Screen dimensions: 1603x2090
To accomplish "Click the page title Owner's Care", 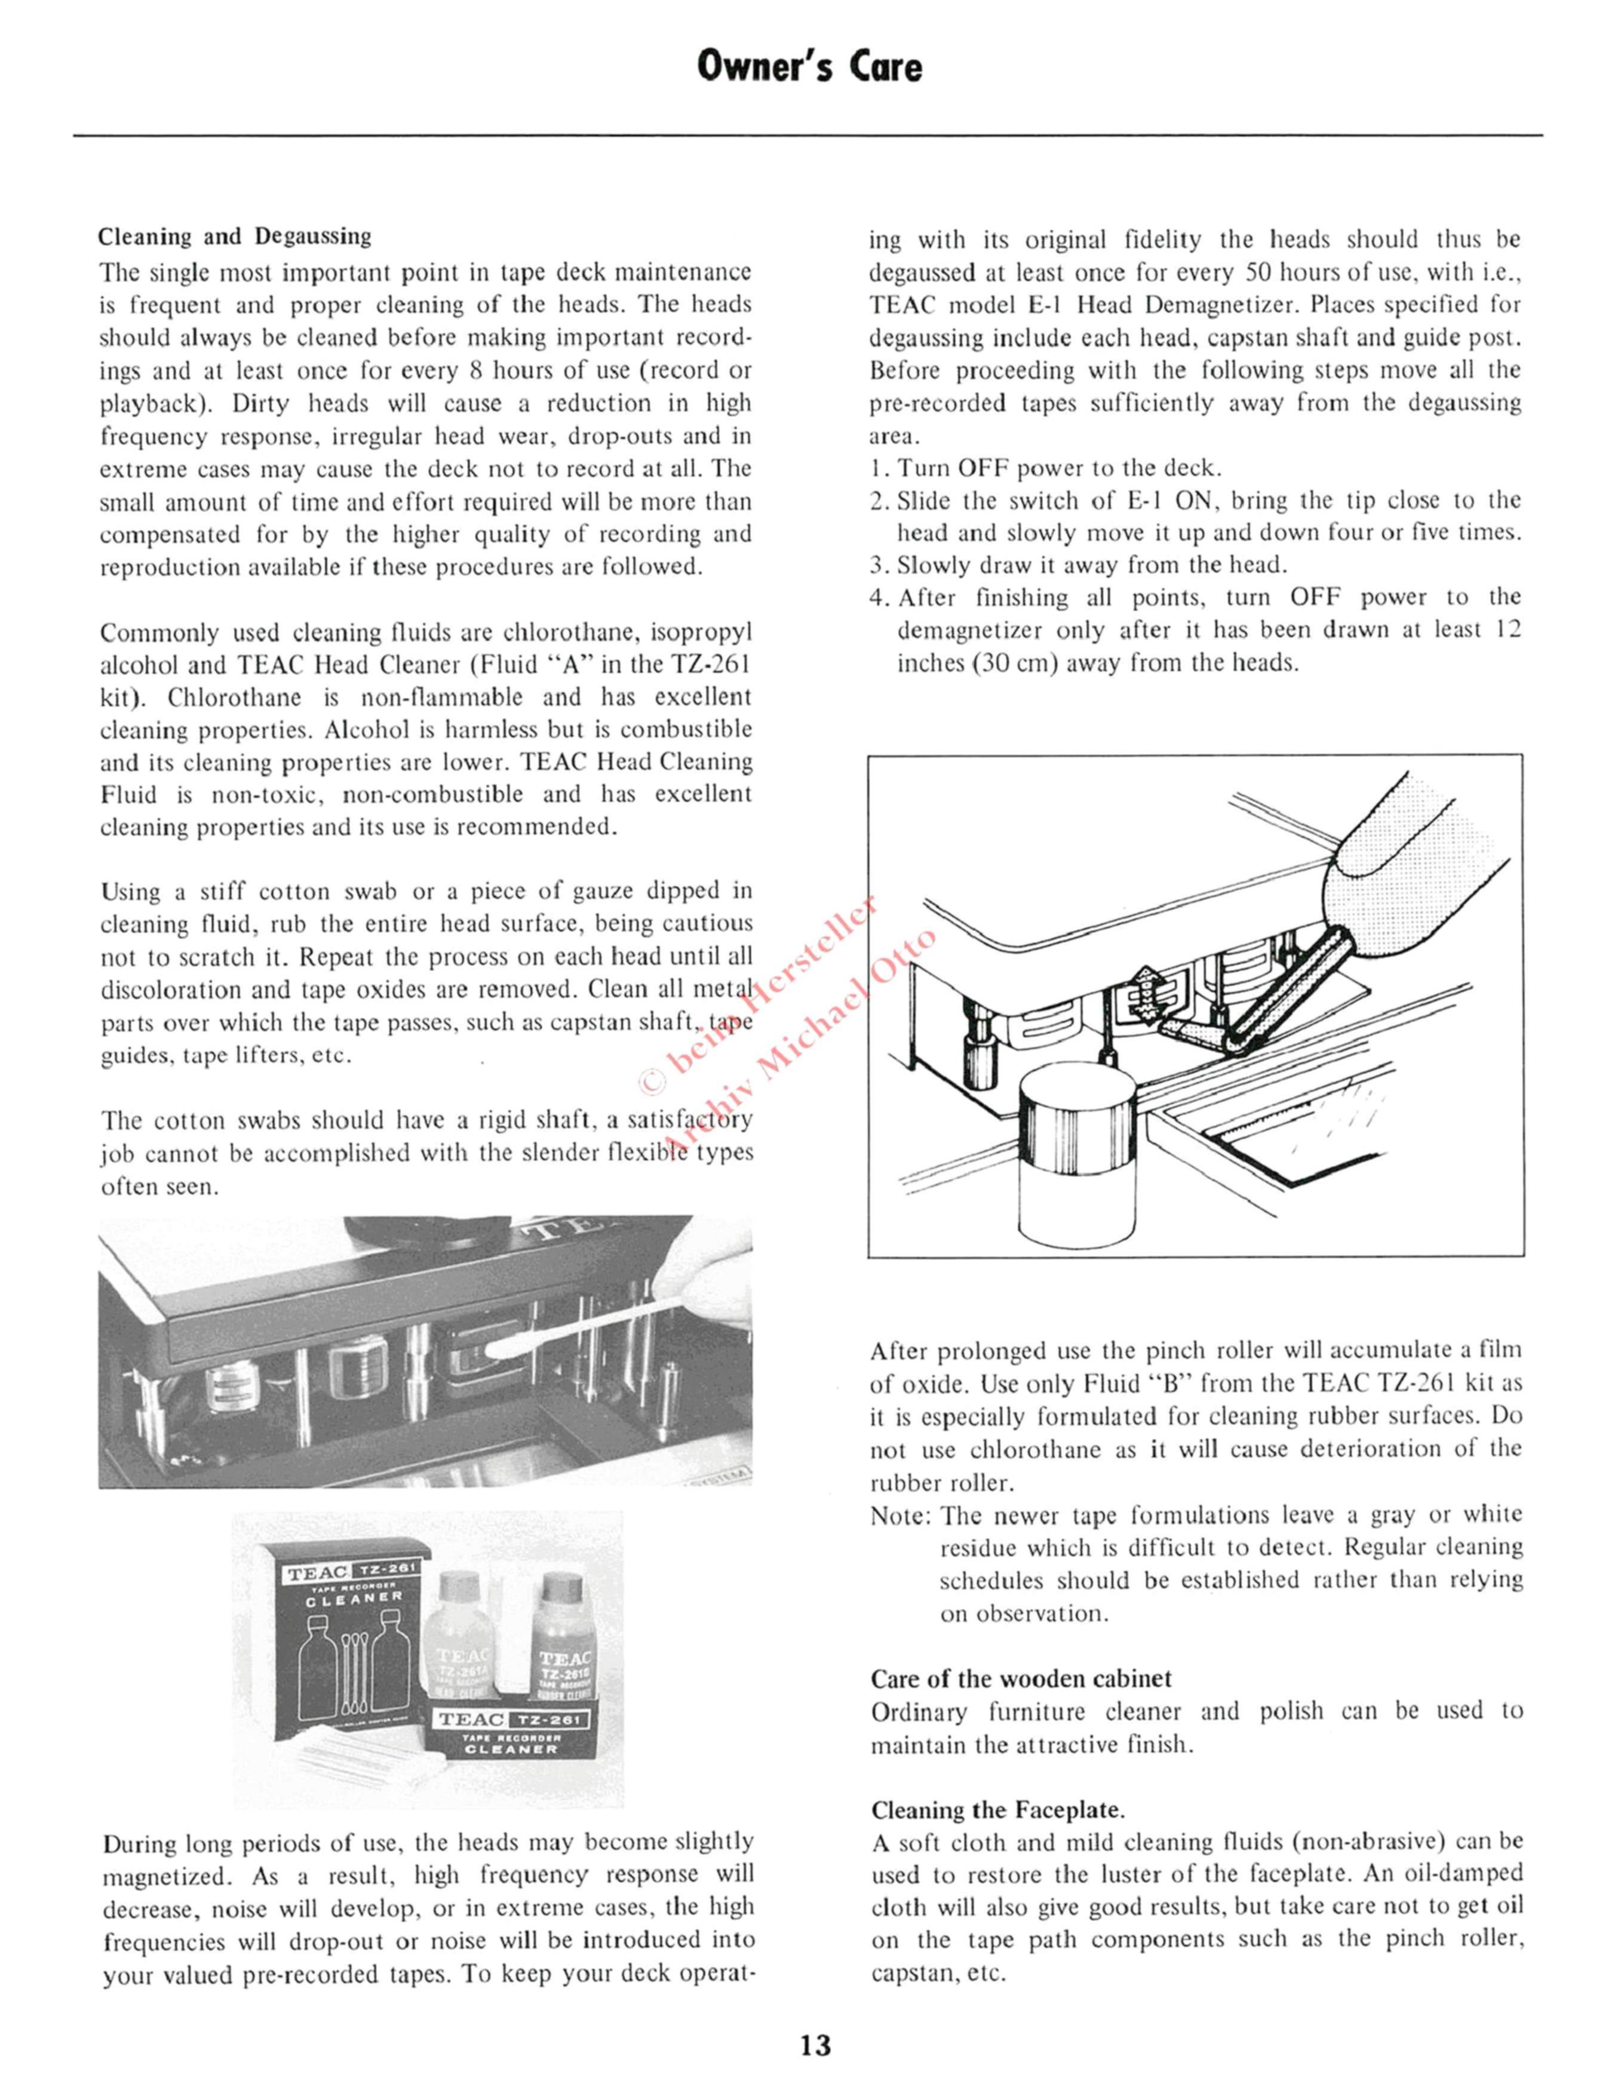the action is pyautogui.click(x=810, y=67).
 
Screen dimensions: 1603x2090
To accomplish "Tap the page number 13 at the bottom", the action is pyautogui.click(x=816, y=2045).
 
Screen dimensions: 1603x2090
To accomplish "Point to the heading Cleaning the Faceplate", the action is pyautogui.click(x=998, y=1809).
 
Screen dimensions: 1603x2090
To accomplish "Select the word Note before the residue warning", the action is pyautogui.click(x=900, y=1516).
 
